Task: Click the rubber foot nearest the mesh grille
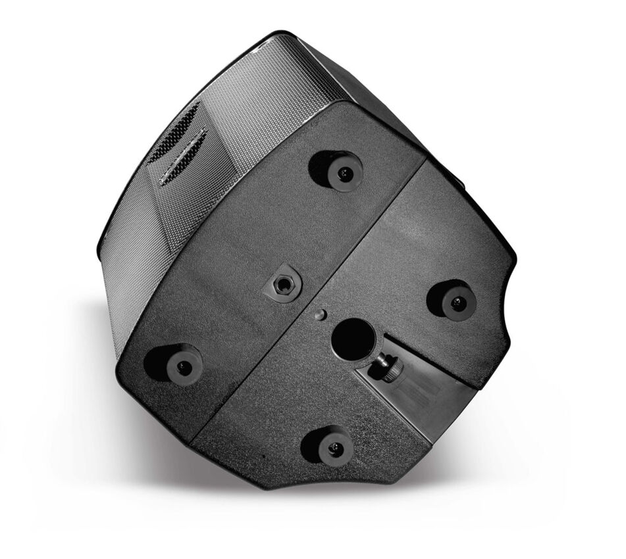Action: click(x=338, y=170)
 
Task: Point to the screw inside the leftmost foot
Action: click(x=182, y=365)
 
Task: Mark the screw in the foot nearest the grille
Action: click(x=344, y=173)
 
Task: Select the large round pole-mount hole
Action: click(x=352, y=339)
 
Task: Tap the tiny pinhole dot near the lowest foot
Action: click(x=265, y=456)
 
